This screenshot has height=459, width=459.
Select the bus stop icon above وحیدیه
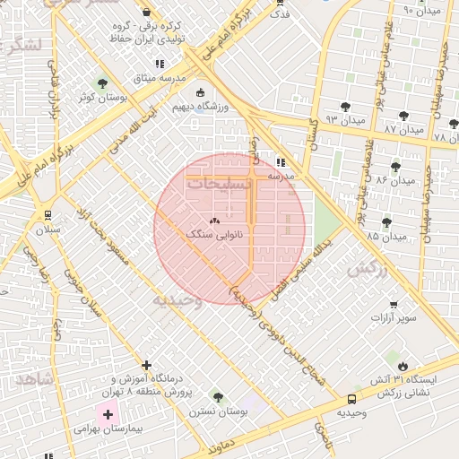coord(351,399)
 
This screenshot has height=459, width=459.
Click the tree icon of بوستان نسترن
coord(217,397)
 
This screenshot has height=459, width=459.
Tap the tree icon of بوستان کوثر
coord(100,83)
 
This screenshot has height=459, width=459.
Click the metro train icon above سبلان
coord(43,215)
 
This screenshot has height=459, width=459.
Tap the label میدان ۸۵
coord(386,237)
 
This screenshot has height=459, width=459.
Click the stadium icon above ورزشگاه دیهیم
coord(199,92)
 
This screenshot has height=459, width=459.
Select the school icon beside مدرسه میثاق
coord(160,64)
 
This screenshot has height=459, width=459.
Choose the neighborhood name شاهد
coord(33,380)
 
